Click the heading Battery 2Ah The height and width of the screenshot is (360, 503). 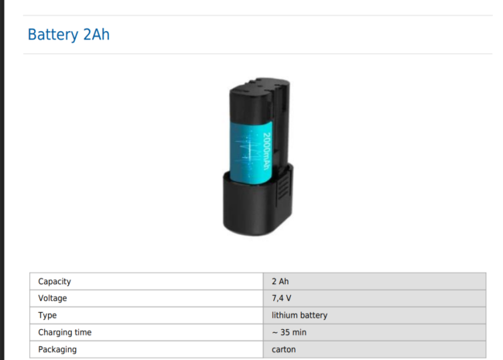(x=69, y=35)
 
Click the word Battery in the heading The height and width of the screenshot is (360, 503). (x=53, y=35)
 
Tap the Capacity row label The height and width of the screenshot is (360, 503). (x=54, y=281)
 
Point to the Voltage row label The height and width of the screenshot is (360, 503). (x=53, y=298)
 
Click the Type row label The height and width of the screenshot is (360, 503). (x=47, y=315)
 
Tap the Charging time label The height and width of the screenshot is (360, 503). (x=65, y=332)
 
